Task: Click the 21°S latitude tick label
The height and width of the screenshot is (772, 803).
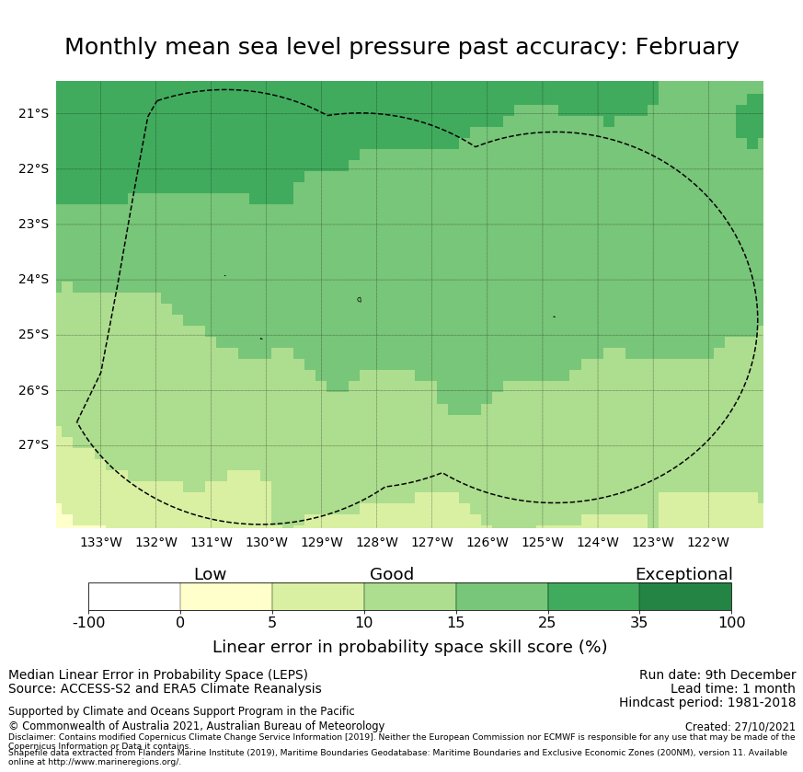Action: click(33, 113)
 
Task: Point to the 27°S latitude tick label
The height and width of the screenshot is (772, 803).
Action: click(33, 445)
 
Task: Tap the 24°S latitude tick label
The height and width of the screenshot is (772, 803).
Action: click(33, 280)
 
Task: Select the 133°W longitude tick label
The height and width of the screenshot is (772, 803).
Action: click(101, 542)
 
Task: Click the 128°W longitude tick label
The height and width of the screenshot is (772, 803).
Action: click(377, 542)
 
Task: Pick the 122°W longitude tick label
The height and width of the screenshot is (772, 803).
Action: click(708, 542)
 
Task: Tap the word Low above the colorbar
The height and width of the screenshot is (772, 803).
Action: click(210, 574)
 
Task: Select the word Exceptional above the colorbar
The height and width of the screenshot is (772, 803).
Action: click(683, 574)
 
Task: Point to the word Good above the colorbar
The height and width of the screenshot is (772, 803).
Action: click(392, 574)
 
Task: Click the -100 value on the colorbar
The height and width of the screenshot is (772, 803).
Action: click(88, 623)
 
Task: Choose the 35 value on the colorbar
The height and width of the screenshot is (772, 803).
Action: click(639, 623)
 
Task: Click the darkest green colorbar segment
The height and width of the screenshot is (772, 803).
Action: click(685, 596)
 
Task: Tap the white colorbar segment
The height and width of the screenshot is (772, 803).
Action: click(134, 596)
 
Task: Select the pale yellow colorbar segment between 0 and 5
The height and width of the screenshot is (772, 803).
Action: click(226, 596)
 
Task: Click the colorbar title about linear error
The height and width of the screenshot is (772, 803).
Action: click(409, 647)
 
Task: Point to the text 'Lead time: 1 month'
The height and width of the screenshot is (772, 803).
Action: click(733, 689)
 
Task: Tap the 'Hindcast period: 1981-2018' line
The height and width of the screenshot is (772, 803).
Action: click(707, 703)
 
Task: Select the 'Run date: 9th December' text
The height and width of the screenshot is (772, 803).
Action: click(717, 675)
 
